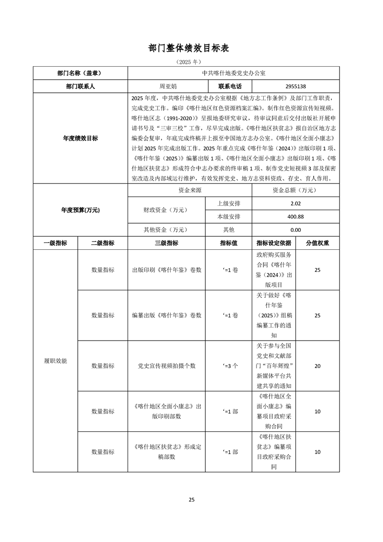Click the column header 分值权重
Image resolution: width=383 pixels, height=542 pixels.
click(x=317, y=243)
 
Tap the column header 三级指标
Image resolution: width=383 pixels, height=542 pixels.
click(x=167, y=243)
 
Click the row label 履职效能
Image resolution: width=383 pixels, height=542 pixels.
click(x=55, y=361)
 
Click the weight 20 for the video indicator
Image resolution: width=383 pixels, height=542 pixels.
click(x=317, y=366)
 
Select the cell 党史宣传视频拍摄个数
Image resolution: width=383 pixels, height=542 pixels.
click(x=167, y=366)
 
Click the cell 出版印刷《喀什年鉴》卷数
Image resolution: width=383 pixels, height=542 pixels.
click(x=167, y=270)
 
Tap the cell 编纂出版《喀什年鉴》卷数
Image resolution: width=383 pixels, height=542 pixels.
click(x=167, y=315)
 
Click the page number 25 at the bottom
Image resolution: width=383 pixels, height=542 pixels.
click(x=191, y=499)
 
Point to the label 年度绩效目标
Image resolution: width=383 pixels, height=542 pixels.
click(x=80, y=138)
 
